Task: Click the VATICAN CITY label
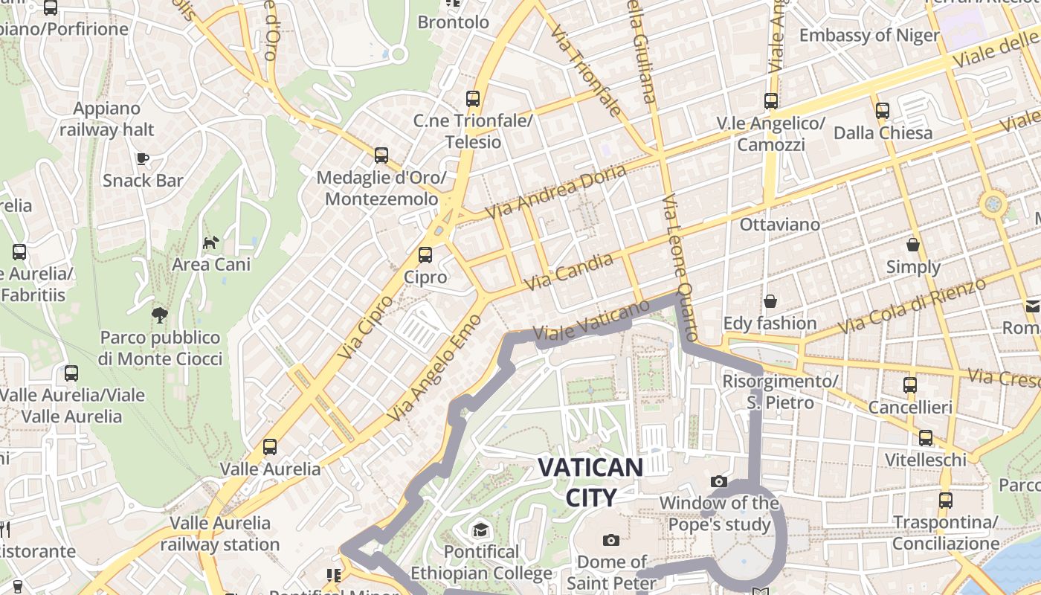[x=590, y=482]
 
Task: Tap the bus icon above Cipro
[x=425, y=255]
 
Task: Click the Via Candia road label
[x=569, y=271]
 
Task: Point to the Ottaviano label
[x=780, y=224]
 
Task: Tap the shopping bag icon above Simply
[x=913, y=245]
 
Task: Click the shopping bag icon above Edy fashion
[x=770, y=301]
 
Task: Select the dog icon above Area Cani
[x=211, y=242]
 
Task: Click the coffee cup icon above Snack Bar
[x=143, y=158]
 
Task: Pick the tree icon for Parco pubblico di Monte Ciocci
[x=159, y=315]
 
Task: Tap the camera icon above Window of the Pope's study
[x=718, y=481]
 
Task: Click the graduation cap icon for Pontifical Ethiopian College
[x=481, y=530]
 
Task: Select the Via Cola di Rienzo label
[x=911, y=306]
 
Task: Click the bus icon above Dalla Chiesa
[x=883, y=111]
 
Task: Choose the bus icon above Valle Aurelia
[x=270, y=447]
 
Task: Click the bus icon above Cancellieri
[x=910, y=385]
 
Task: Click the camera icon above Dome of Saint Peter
[x=611, y=540]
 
